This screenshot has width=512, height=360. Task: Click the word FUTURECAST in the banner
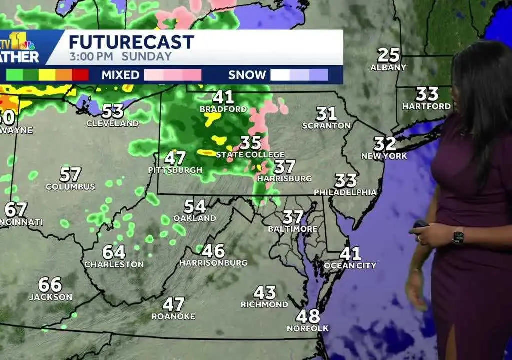point(131,42)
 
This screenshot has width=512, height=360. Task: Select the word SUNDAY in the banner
point(146,56)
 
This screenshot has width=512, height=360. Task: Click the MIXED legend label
point(120,75)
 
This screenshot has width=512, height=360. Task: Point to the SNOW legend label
point(247,75)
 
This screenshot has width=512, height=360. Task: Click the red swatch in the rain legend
point(81,75)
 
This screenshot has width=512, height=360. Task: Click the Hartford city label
point(427,106)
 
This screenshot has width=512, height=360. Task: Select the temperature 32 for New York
point(385,144)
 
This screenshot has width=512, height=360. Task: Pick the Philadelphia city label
point(345,192)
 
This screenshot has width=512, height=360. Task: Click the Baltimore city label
point(293,229)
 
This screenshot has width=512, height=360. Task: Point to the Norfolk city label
point(308,328)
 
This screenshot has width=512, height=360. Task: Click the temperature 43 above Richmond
point(264,292)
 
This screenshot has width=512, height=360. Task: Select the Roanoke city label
point(173,316)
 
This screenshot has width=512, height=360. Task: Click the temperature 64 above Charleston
point(114,252)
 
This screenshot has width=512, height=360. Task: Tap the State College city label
point(250,155)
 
